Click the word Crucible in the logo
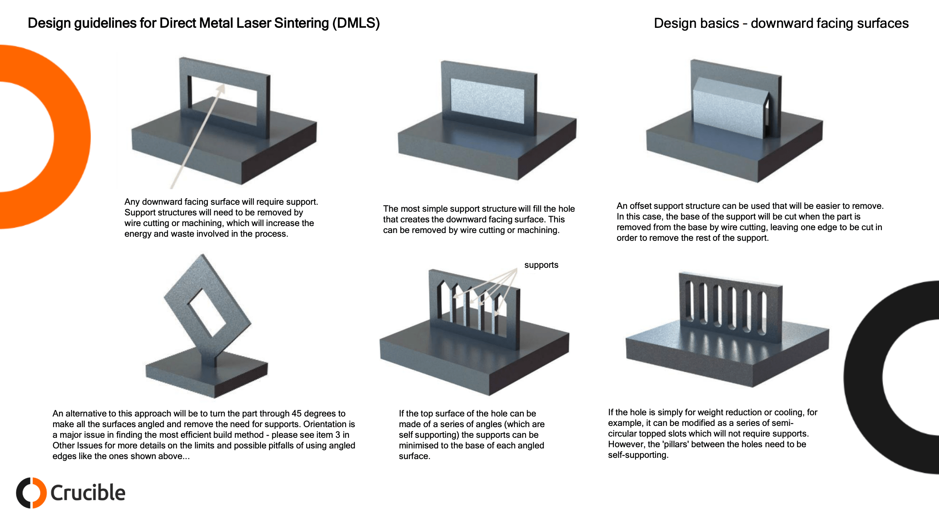coord(88,493)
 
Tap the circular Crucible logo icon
coord(31,493)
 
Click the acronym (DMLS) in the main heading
coord(356,23)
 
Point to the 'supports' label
coord(541,265)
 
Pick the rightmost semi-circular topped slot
coord(763,313)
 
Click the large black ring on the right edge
coord(863,377)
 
